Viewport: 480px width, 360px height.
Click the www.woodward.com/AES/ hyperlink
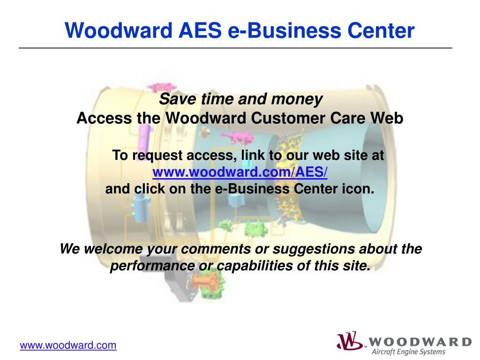[x=240, y=172]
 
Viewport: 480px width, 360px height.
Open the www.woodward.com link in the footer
[x=68, y=345]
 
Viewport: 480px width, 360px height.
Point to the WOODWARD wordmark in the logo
[x=420, y=341]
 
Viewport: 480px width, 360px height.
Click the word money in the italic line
[x=299, y=99]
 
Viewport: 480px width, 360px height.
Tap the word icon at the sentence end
[x=361, y=189]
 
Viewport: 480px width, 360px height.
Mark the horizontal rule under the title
[x=235, y=48]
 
